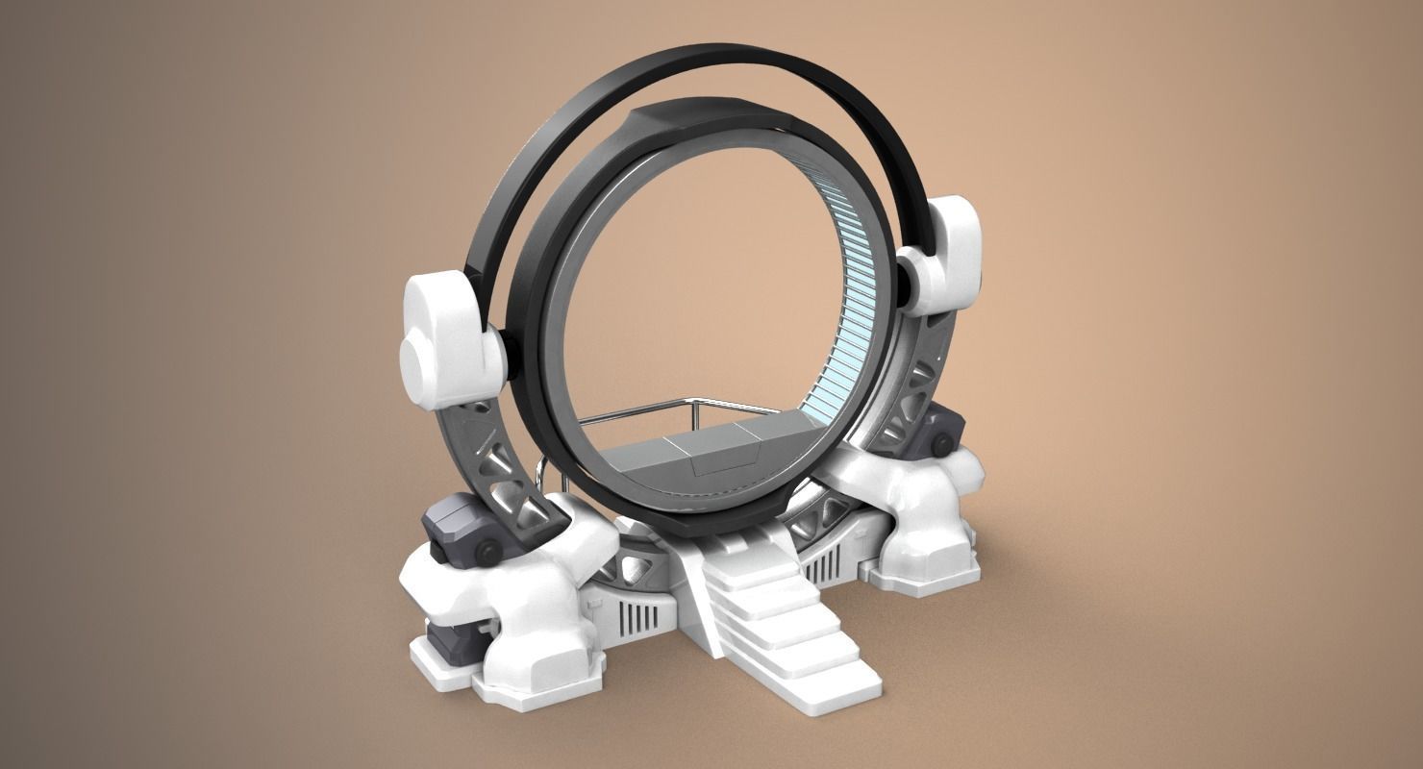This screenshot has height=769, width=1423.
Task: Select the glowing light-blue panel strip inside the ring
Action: tap(847, 288)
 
